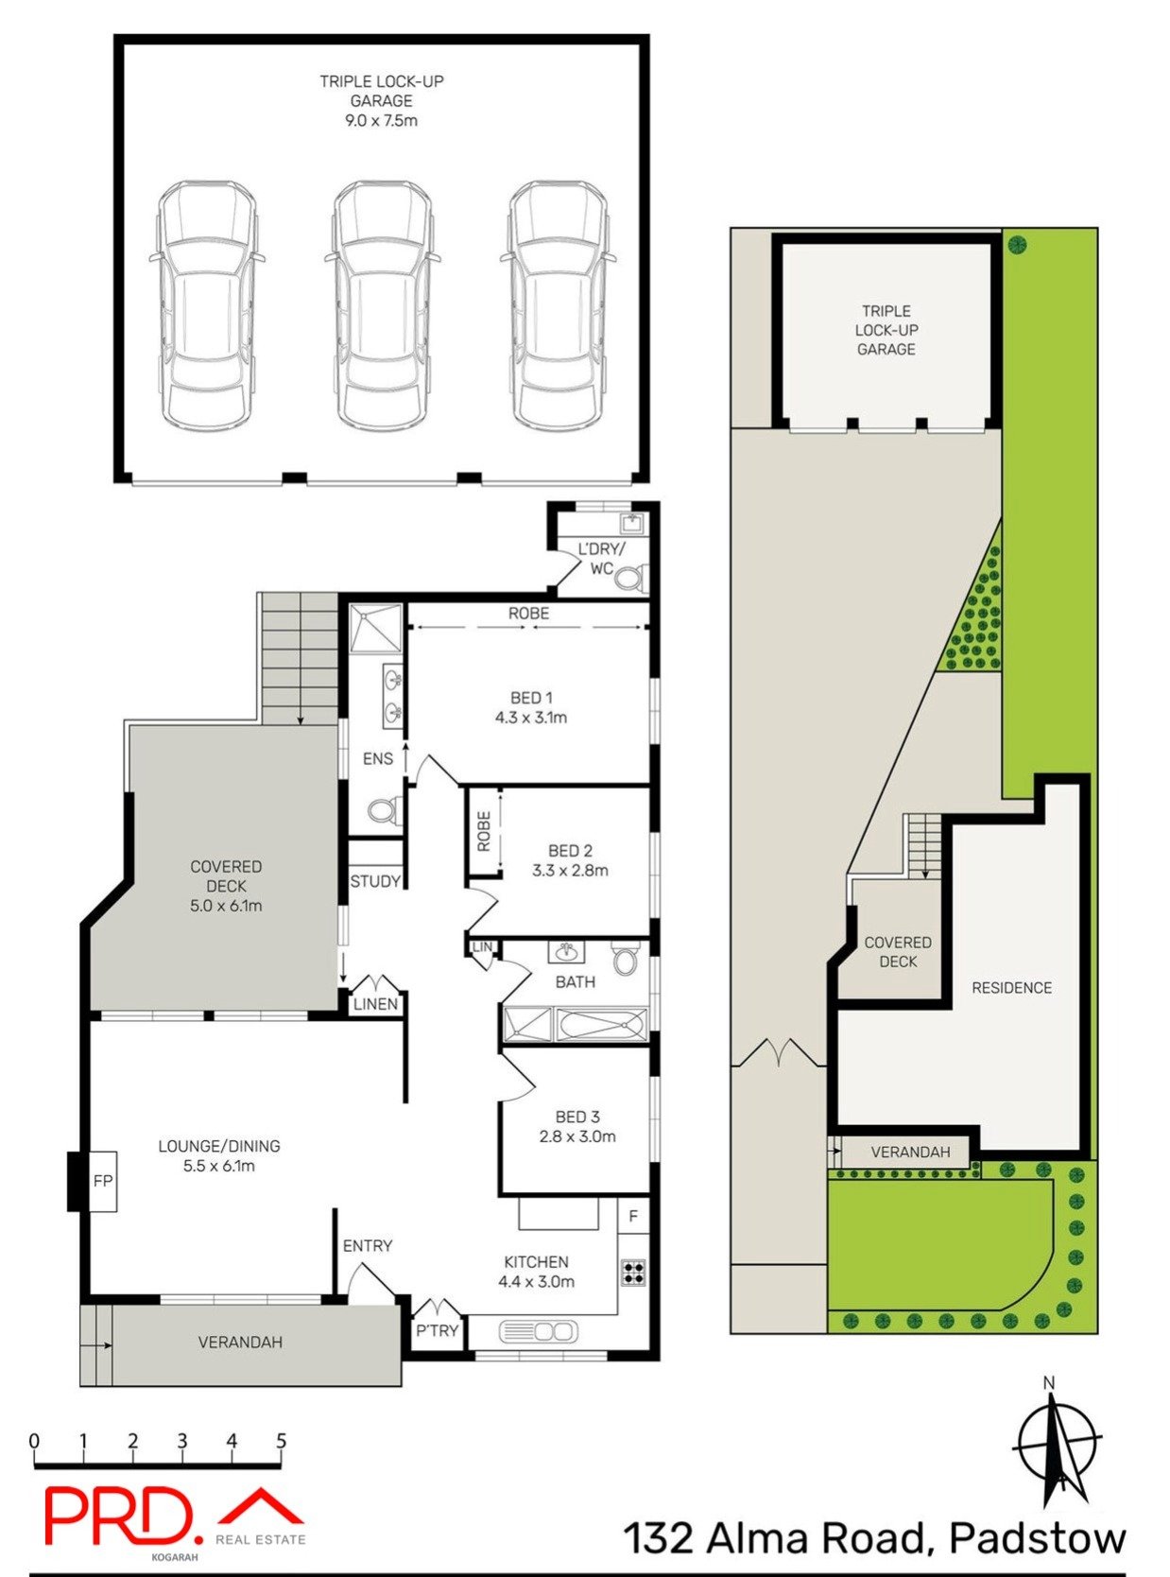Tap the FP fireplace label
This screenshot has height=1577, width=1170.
pyautogui.click(x=102, y=1180)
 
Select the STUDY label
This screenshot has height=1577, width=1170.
pyautogui.click(x=375, y=881)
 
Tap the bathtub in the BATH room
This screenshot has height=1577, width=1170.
pyautogui.click(x=601, y=1025)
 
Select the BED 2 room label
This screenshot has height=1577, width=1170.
pyautogui.click(x=570, y=851)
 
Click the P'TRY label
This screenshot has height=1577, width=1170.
pyautogui.click(x=437, y=1330)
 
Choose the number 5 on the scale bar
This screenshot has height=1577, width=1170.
pyautogui.click(x=281, y=1441)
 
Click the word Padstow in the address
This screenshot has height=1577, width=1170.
pyautogui.click(x=1037, y=1538)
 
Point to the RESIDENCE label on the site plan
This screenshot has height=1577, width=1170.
pyautogui.click(x=1011, y=987)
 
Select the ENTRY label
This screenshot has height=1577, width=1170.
pyautogui.click(x=367, y=1245)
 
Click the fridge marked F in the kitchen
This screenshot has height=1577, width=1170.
pyautogui.click(x=633, y=1216)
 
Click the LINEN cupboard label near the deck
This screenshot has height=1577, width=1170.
pyautogui.click(x=375, y=1004)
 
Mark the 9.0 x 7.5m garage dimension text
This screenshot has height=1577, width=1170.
pyautogui.click(x=381, y=120)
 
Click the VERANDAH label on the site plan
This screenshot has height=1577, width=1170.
pyautogui.click(x=909, y=1152)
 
